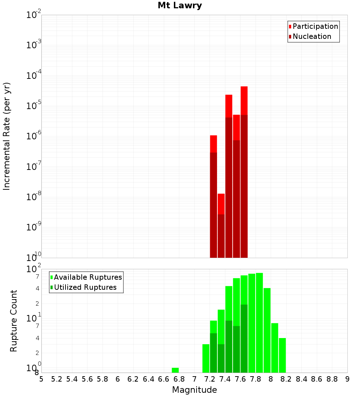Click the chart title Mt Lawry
[x=180, y=6]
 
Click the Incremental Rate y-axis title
[x=7, y=136]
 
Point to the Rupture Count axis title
[x=14, y=321]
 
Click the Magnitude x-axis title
[x=194, y=390]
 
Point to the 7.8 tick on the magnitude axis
[x=256, y=379]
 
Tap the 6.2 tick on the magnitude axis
[x=133, y=379]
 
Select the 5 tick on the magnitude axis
[x=41, y=379]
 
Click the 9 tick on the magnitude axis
[x=347, y=379]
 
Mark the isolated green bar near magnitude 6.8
[x=175, y=370]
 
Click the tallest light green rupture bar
[x=259, y=322]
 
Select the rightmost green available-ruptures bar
[x=282, y=355]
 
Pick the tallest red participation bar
[x=244, y=101]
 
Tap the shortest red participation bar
[x=221, y=204]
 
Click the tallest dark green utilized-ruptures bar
[x=244, y=338]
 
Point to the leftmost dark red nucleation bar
[x=213, y=205]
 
